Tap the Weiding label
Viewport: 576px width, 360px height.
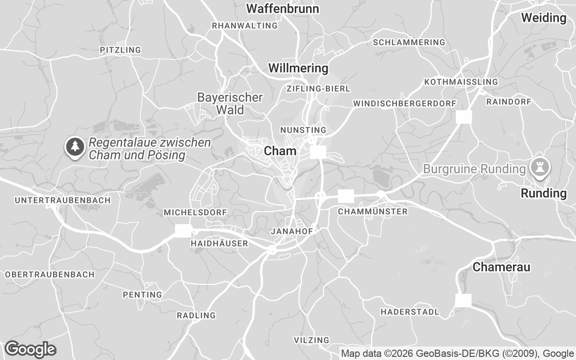click(544, 18)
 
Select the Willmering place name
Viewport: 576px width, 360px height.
click(298, 68)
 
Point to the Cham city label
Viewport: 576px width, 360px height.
click(280, 151)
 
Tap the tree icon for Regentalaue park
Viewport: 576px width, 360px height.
click(75, 147)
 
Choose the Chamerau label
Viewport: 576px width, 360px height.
click(501, 267)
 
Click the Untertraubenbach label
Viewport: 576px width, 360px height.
click(63, 200)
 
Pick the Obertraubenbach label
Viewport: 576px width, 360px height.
click(49, 274)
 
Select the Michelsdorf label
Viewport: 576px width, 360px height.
click(195, 212)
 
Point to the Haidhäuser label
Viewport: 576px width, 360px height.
click(219, 243)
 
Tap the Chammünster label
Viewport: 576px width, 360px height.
click(372, 211)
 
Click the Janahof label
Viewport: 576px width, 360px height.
click(292, 231)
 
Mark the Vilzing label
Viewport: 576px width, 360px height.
click(311, 340)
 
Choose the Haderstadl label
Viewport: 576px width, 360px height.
click(409, 311)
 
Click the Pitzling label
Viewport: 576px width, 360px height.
click(120, 49)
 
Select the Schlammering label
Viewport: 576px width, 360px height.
click(409, 42)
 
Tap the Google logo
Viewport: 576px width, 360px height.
click(30, 349)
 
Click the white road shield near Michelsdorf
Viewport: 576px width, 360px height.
click(183, 230)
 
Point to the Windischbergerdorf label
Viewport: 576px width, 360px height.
click(405, 103)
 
